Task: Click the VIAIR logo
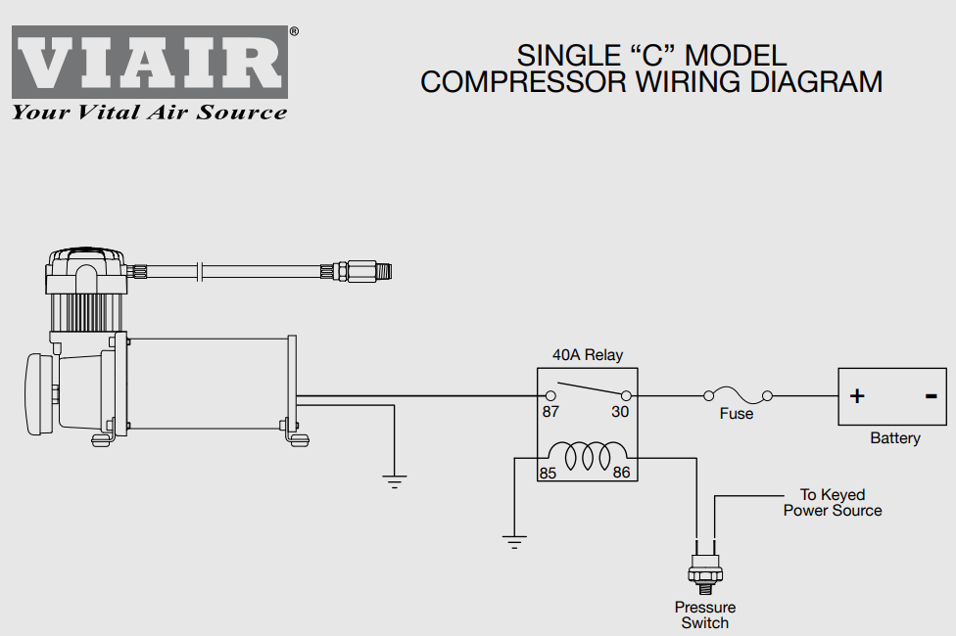[x=150, y=62]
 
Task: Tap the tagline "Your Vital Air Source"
[x=149, y=113]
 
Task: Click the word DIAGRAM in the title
[x=816, y=81]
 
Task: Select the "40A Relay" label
[x=588, y=354]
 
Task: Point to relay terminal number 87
[x=550, y=412]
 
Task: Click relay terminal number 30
[x=620, y=412]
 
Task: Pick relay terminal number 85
[x=548, y=473]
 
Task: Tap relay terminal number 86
[x=621, y=473]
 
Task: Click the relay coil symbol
[x=588, y=456]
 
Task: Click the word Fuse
[x=737, y=414]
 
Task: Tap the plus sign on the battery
[x=857, y=396]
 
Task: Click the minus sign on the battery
[x=931, y=396]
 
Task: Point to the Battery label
[x=895, y=438]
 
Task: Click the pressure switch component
[x=705, y=568]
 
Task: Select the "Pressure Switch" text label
[x=705, y=614]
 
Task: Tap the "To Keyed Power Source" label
[x=833, y=503]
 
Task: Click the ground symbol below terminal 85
[x=514, y=542]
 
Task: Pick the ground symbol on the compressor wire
[x=395, y=481]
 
